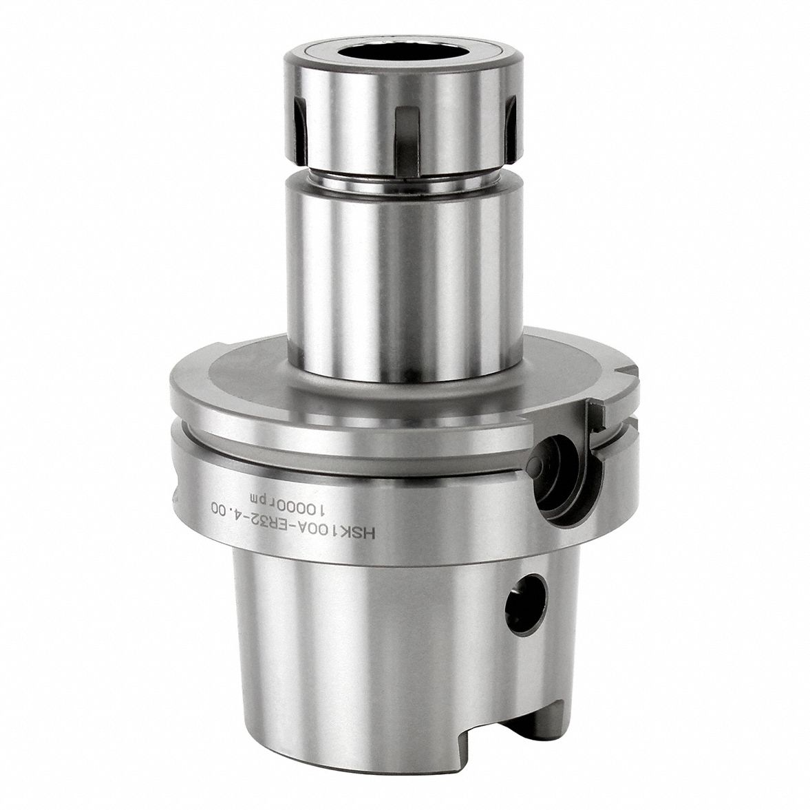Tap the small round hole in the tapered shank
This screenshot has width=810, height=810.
tap(526, 603)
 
